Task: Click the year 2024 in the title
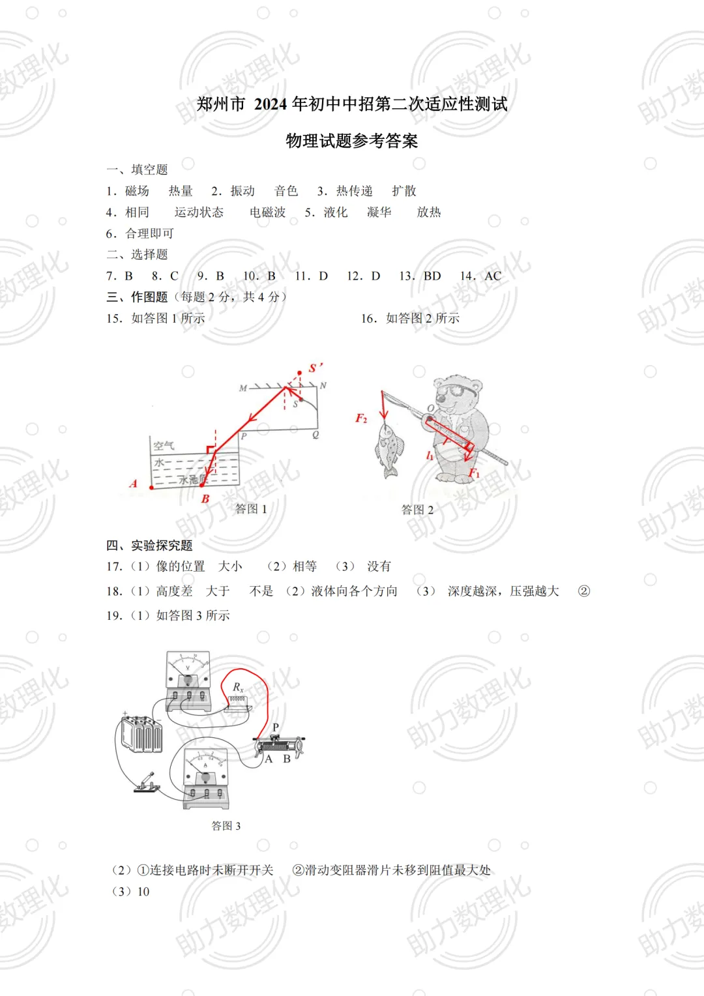[272, 104]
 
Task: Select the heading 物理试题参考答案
[351, 141]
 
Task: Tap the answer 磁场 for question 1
[137, 191]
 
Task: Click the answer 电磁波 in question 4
[267, 212]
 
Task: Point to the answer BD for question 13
[432, 276]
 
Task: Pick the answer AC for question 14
[493, 276]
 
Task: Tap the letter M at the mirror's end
[243, 388]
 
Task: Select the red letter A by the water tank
[134, 484]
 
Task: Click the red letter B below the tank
[205, 499]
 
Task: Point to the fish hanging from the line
[389, 448]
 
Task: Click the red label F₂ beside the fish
[361, 418]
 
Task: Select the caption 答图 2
[417, 510]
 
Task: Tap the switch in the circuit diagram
[147, 783]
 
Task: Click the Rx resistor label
[238, 687]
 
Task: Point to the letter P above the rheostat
[276, 727]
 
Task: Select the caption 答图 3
[226, 826]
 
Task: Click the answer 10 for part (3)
[143, 892]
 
